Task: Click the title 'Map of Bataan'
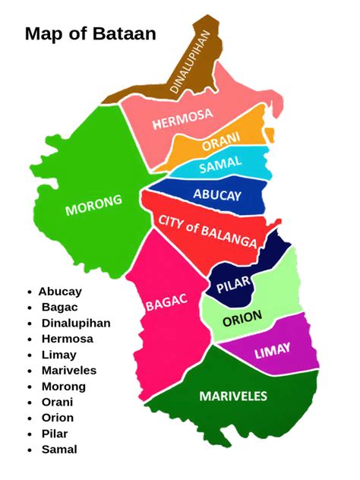90,34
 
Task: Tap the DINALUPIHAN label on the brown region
191,62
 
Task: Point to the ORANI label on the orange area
221,142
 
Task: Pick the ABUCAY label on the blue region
217,195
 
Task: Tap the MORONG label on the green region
93,204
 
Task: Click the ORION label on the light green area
242,317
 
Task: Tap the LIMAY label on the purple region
273,352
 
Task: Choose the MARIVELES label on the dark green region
233,396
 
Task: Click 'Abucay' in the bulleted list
60,291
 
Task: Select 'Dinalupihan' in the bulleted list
76,323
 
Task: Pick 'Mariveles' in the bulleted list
69,371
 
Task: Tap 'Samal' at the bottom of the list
59,450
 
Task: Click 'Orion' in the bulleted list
58,418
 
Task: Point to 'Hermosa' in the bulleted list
68,339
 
